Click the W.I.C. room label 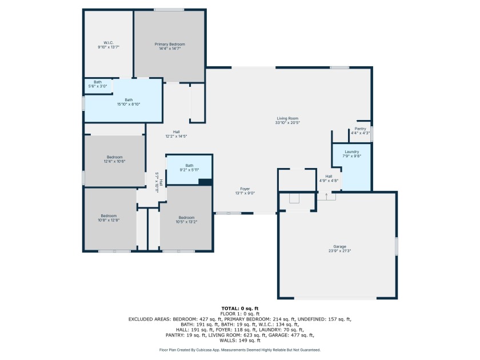109,43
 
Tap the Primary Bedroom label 170,44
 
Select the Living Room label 287,118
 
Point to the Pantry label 361,129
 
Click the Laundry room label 352,152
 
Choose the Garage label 340,247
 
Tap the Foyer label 245,189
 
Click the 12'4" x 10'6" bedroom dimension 114,161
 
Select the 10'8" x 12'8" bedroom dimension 109,220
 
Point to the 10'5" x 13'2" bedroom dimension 186,222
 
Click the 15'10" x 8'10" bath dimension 129,104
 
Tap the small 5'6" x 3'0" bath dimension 98,86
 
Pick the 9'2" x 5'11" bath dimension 189,170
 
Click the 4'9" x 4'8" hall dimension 329,181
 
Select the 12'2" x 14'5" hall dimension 176,136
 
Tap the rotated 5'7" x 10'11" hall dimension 157,182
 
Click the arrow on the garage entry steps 326,195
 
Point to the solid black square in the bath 205,182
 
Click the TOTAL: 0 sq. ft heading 240,309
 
